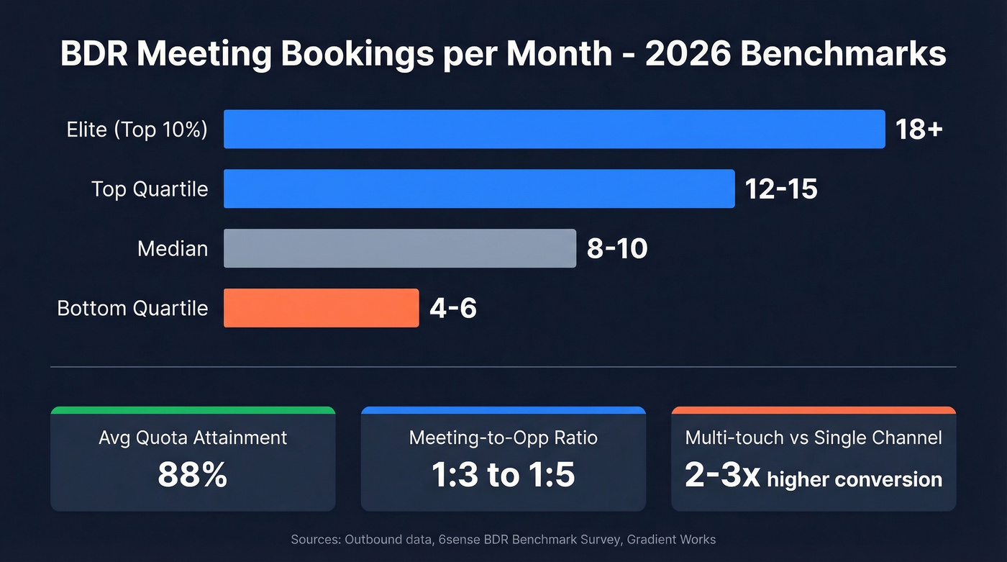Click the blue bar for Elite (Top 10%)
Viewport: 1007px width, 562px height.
pos(554,130)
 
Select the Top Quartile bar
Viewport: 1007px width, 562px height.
pos(479,189)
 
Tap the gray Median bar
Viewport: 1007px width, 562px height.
pos(399,248)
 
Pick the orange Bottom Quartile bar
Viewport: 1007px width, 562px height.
pos(321,308)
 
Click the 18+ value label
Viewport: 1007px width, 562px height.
pos(919,130)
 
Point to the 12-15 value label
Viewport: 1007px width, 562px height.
pos(781,189)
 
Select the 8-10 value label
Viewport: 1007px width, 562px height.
pos(617,249)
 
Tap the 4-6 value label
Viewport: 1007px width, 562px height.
pos(453,309)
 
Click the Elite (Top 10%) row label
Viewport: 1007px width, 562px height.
pos(137,130)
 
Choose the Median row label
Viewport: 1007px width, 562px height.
pos(173,249)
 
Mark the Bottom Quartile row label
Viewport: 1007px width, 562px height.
pos(132,308)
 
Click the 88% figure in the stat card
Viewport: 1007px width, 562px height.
pos(192,476)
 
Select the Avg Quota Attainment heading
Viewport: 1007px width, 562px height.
pos(193,438)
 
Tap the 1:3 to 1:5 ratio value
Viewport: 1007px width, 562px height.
pos(503,476)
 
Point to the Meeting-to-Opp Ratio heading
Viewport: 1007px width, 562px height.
pos(503,438)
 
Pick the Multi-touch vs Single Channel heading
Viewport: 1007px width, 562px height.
pos(814,438)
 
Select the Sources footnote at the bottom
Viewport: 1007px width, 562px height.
pos(503,539)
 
